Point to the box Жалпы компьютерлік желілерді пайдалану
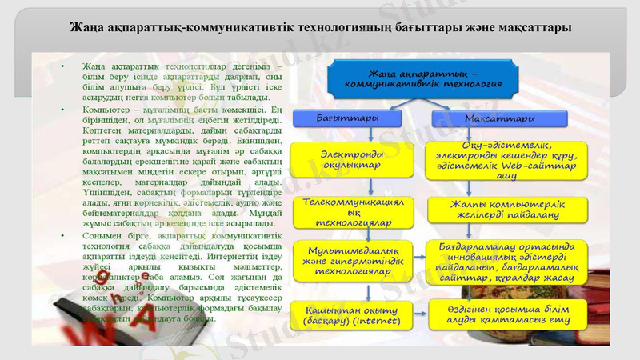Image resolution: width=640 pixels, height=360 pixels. (x=503, y=210)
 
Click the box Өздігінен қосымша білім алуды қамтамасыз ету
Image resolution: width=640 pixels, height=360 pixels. (x=503, y=314)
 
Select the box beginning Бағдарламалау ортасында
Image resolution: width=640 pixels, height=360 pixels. (x=503, y=260)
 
